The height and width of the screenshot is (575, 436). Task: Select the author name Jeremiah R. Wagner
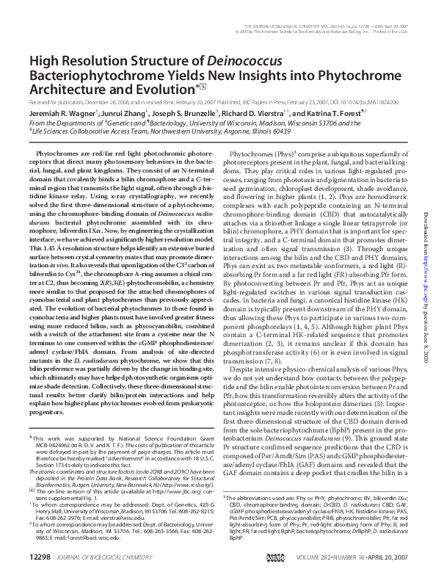click(58, 114)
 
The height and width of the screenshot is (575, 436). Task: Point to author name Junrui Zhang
click(120, 114)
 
